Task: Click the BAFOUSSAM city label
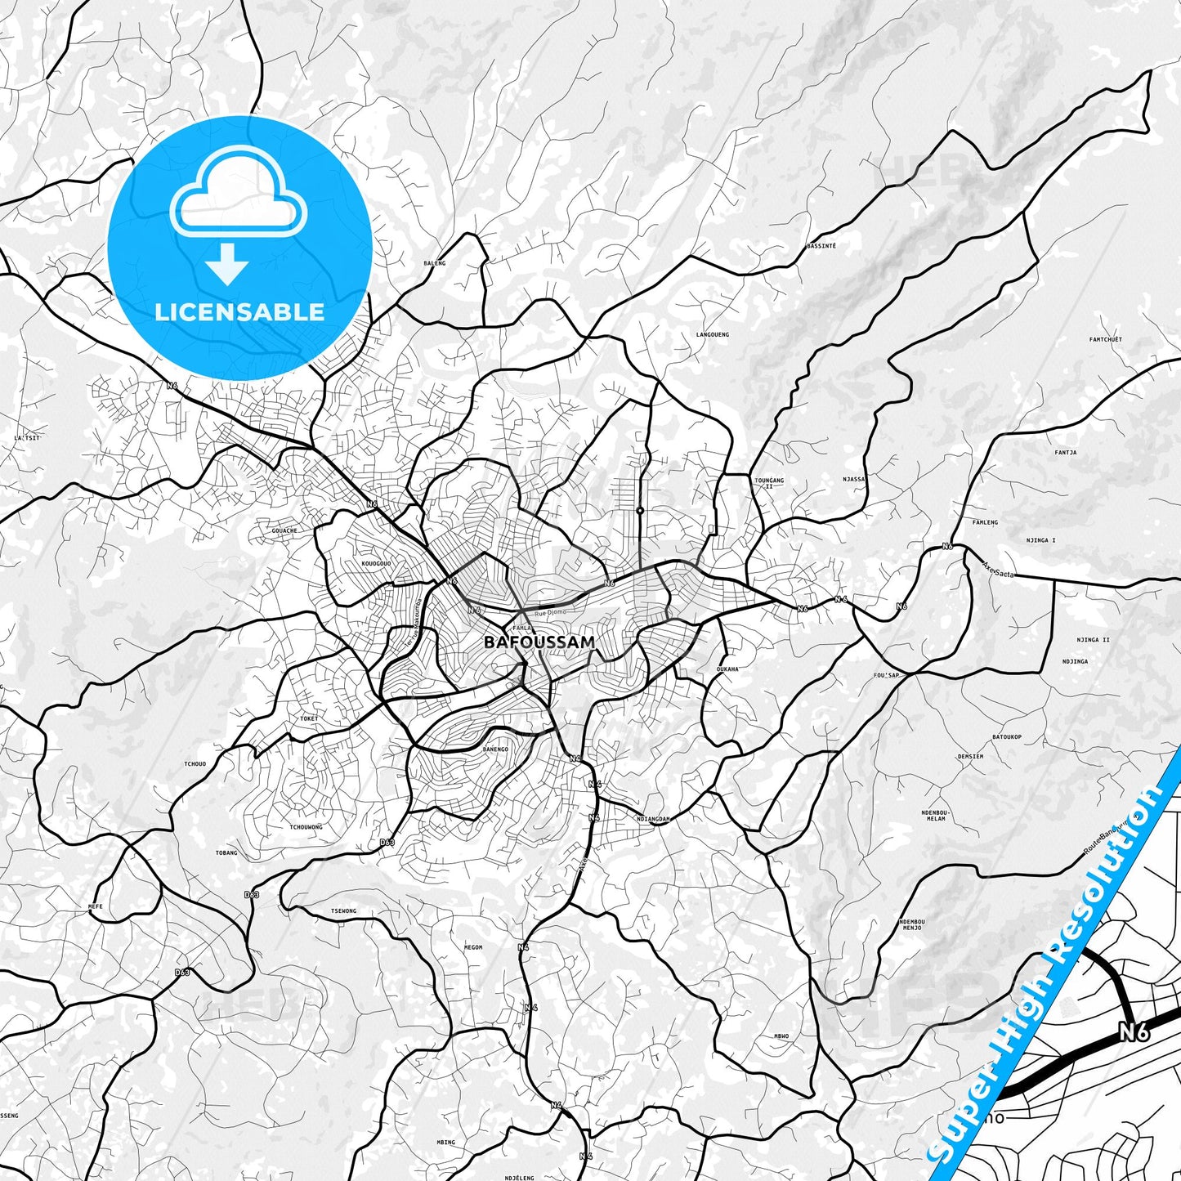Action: point(539,642)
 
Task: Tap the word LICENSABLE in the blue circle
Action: point(239,311)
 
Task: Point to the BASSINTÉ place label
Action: point(821,245)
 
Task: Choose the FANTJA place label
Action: point(1065,452)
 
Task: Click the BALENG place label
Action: point(435,263)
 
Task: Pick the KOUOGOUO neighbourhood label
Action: point(375,564)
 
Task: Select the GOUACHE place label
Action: point(284,530)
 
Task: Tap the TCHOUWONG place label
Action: point(306,826)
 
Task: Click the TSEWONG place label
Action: point(343,910)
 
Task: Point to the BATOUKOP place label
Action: point(1007,737)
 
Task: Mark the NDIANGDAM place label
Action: point(653,819)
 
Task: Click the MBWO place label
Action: point(781,1036)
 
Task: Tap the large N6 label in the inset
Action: point(1134,1033)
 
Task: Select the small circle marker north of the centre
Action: point(640,511)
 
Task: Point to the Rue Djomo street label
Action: point(550,612)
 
